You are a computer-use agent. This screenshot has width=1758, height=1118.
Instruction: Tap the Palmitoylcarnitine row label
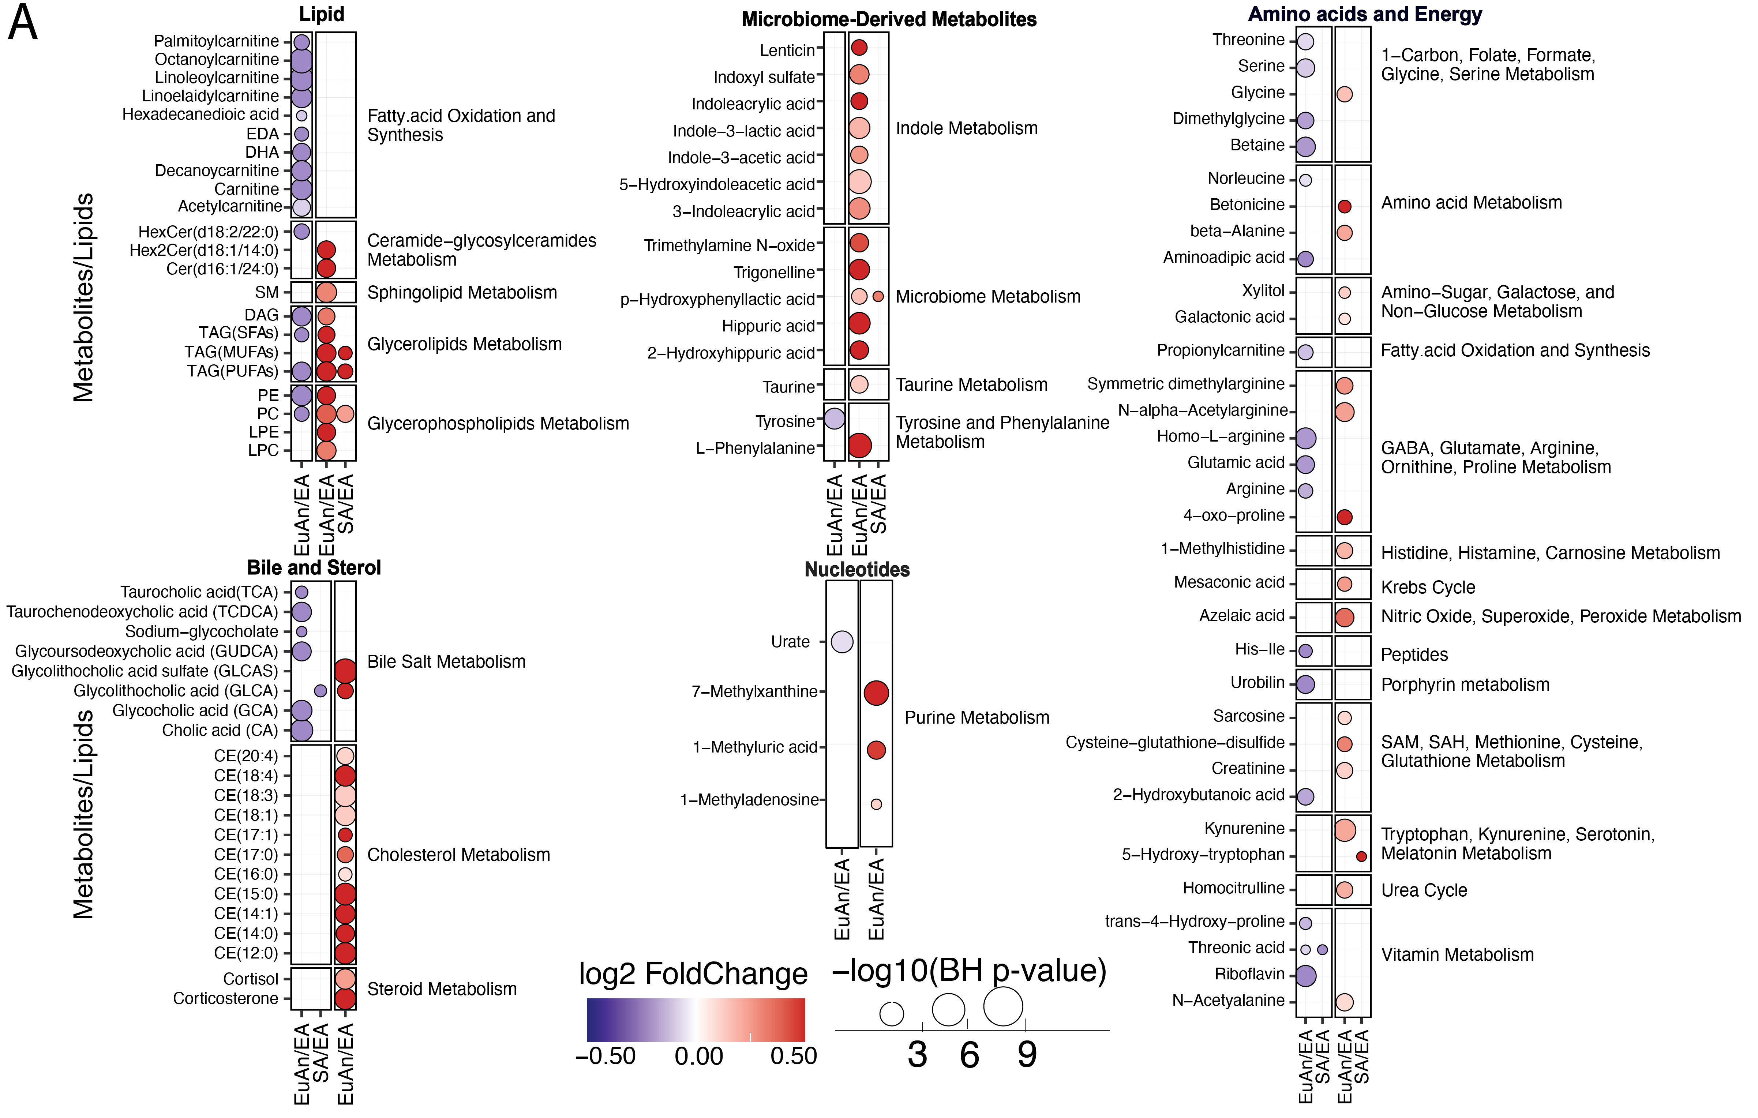[216, 41]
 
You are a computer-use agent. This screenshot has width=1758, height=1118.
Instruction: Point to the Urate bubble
[842, 642]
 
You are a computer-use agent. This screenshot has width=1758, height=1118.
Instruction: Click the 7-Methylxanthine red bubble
[876, 692]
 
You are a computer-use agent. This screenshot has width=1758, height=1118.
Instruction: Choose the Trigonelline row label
[774, 273]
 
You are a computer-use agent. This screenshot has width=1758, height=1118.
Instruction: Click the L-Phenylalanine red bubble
[859, 445]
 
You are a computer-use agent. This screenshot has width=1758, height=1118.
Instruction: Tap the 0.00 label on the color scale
[699, 1056]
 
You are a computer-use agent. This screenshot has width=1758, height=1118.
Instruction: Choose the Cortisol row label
[250, 979]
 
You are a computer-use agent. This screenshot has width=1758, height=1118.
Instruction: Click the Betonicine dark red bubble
[1344, 207]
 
